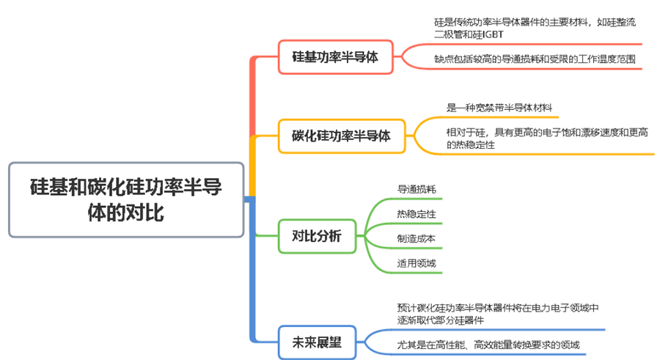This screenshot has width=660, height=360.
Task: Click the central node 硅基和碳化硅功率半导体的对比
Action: [126, 199]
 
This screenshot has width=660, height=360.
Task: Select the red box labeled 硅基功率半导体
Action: [335, 57]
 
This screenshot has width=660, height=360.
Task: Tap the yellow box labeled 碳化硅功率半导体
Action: [341, 136]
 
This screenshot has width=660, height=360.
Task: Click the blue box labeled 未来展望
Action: [317, 342]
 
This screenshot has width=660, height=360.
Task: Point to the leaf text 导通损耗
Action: [417, 189]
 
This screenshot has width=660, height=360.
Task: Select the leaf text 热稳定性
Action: [417, 214]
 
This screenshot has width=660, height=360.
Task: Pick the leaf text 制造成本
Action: [417, 238]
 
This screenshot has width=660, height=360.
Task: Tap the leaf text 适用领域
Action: [417, 263]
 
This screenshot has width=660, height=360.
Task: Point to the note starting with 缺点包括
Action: [535, 59]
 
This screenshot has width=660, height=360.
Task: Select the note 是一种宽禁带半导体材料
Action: [499, 108]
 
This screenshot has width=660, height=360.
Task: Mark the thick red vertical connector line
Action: [253, 95]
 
